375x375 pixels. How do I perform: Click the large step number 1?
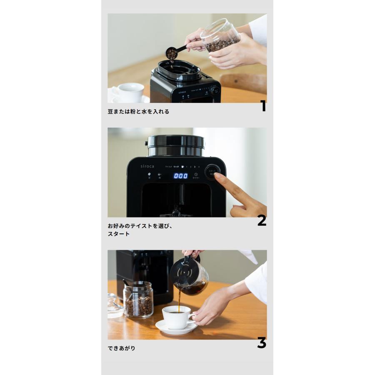pos(262,107)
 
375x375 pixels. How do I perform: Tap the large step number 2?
pos(261,220)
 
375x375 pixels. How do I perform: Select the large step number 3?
pos(261,343)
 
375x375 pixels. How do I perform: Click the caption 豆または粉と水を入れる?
pos(138,112)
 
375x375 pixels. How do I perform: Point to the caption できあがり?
pos(121,348)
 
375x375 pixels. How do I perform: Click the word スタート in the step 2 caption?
pos(119,234)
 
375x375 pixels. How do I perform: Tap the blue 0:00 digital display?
pos(180,176)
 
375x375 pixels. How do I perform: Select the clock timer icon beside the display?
pos(195,175)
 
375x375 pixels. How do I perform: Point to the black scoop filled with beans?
pos(172,53)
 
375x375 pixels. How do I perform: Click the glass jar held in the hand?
pos(221,35)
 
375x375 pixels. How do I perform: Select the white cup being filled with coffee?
pos(177,317)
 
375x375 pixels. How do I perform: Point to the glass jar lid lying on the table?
pos(115,307)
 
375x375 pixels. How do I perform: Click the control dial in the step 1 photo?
pos(215,90)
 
